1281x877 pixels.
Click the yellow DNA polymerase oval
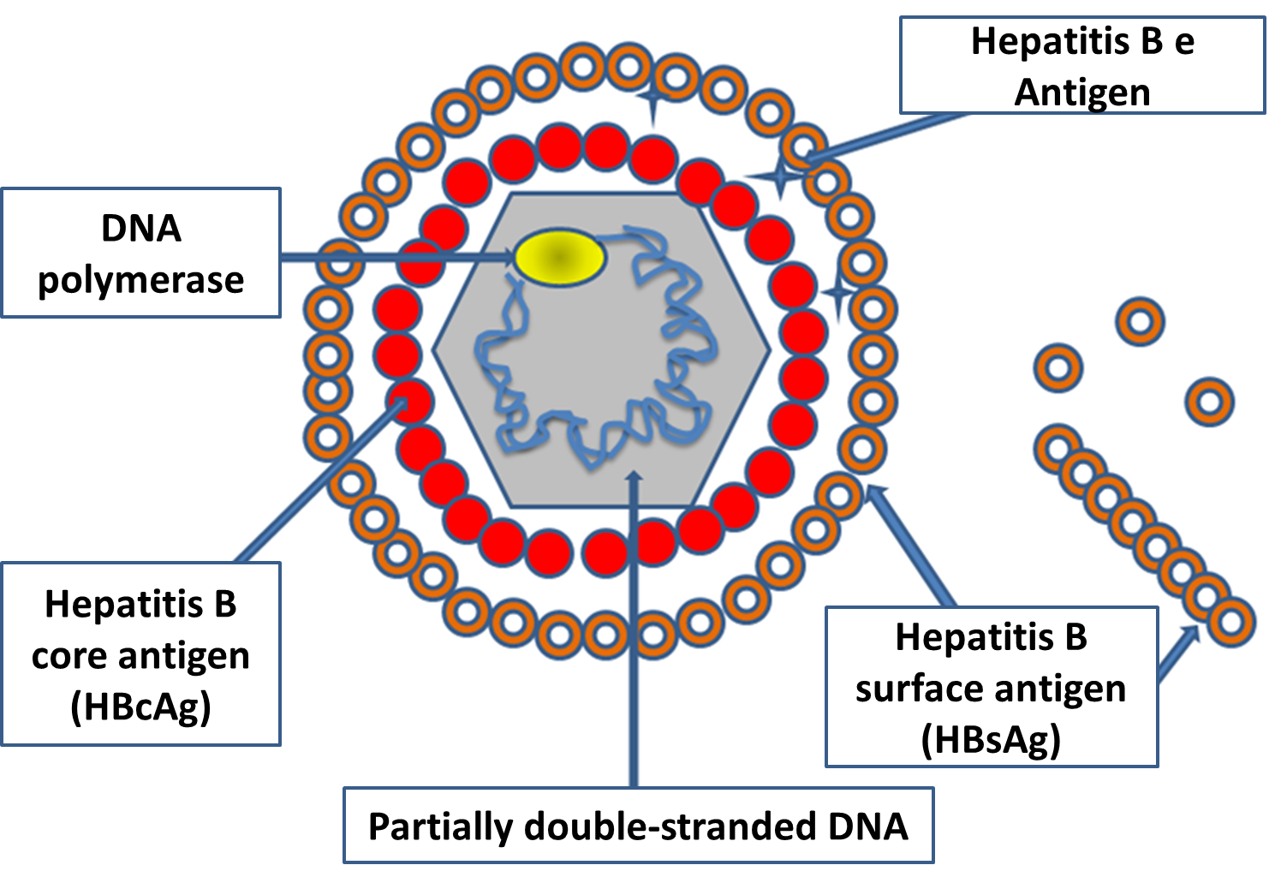click(559, 258)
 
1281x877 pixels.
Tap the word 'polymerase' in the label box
click(141, 280)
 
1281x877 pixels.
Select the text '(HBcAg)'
click(140, 707)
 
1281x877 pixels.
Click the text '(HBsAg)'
click(991, 740)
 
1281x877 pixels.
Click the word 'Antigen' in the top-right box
click(1082, 92)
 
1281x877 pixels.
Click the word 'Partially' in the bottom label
click(440, 828)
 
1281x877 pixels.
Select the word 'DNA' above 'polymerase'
click(141, 229)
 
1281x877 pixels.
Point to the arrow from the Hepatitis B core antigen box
click(321, 480)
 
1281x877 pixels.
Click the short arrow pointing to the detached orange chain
click(1179, 653)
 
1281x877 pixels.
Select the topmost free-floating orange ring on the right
click(1140, 321)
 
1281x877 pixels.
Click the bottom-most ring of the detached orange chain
click(1231, 622)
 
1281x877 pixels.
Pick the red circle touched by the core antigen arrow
click(409, 401)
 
